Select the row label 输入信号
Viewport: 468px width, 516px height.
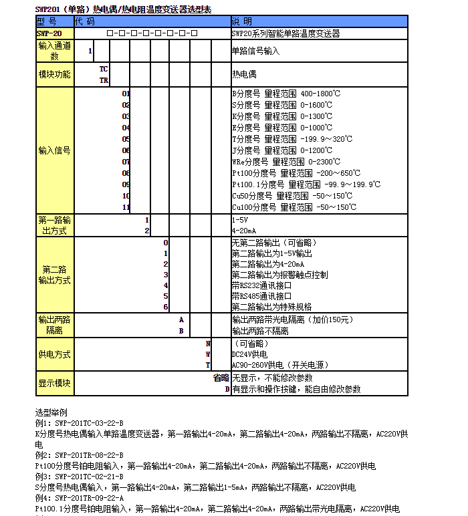(x=54, y=150)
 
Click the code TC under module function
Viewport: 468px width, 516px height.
(x=104, y=69)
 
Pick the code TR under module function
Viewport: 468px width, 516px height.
(x=104, y=80)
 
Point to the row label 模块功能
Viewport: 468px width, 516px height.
(x=54, y=74)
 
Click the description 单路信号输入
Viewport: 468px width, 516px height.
(x=255, y=51)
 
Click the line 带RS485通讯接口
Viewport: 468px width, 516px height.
(x=262, y=295)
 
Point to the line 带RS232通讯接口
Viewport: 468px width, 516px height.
(x=262, y=285)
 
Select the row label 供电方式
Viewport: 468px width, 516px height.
(x=54, y=354)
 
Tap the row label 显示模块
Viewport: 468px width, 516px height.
(x=54, y=383)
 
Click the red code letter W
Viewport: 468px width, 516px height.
(x=208, y=354)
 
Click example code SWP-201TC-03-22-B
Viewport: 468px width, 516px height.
(x=88, y=423)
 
